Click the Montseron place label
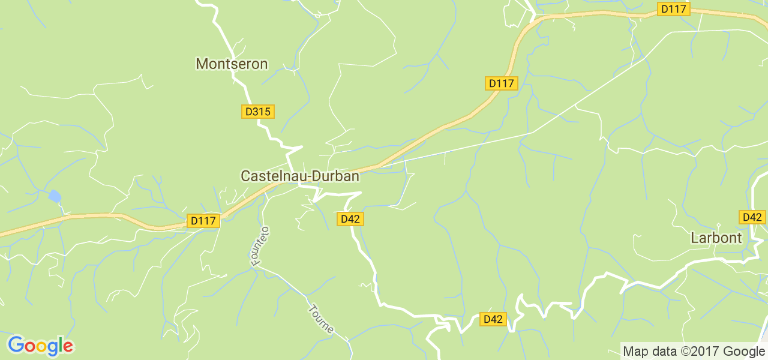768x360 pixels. (x=232, y=64)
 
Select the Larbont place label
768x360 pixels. (x=716, y=238)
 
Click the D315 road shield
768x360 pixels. (x=258, y=112)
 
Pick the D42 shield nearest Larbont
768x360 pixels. (x=752, y=217)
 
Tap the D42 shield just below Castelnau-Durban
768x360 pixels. (x=350, y=219)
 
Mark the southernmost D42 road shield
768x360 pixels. (x=493, y=319)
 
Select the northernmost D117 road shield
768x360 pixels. (x=674, y=9)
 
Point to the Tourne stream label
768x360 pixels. (x=321, y=320)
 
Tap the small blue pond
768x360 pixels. (x=55, y=196)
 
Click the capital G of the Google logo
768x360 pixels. (x=16, y=345)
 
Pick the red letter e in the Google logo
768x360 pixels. (x=67, y=347)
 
